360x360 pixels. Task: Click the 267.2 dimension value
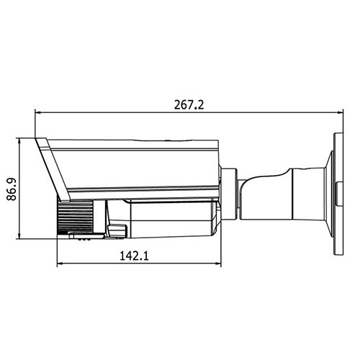189,105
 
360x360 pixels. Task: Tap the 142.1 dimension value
134,256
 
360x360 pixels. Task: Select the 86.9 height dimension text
12,189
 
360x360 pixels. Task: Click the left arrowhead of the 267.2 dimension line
37,112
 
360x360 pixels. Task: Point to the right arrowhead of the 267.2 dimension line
341,112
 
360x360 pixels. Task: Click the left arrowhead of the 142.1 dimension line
60,264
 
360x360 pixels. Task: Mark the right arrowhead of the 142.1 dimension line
218,264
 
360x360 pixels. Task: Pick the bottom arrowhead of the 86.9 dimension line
19,236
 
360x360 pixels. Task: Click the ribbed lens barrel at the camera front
75,217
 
